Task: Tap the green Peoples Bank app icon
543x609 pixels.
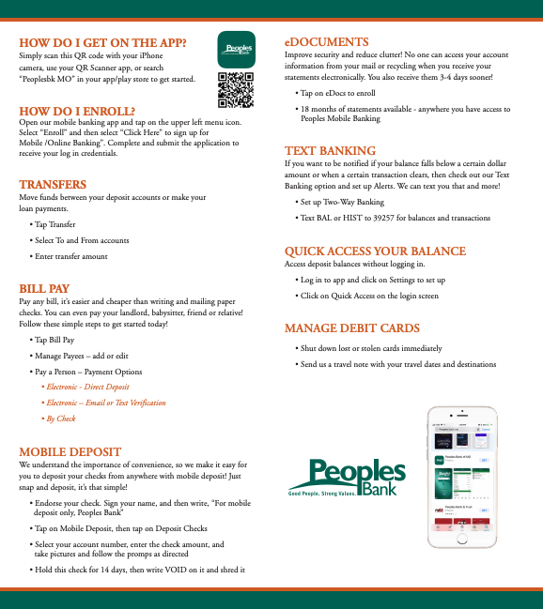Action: point(235,49)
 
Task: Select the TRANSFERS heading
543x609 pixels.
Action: point(53,185)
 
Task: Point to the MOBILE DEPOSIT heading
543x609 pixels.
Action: point(70,451)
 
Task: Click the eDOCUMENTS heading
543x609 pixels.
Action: point(326,42)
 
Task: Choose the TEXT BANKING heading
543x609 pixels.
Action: point(330,151)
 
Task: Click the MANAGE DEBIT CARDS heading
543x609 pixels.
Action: point(351,327)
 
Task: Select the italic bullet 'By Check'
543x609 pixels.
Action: point(61,419)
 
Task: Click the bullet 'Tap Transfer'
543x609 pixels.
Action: point(55,224)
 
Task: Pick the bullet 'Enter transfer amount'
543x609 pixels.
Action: point(71,256)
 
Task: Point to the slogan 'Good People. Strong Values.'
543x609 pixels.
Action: point(324,493)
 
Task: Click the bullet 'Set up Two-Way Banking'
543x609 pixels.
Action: point(342,202)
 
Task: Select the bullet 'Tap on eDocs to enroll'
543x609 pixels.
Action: point(340,94)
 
